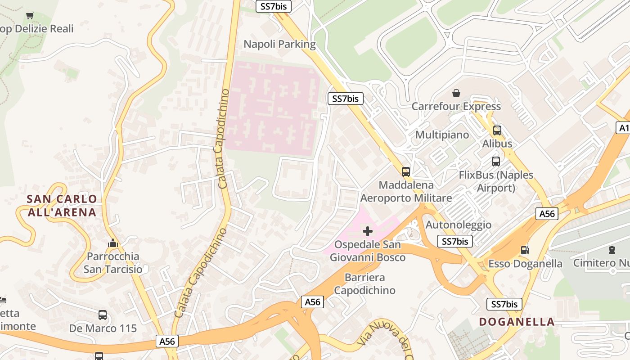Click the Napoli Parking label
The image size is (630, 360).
pos(279,44)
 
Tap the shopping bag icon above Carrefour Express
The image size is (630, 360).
pos(456,93)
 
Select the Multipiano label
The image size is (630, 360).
pos(442,135)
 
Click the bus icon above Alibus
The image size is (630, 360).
pos(497,130)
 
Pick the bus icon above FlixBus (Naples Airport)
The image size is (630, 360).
pos(496,162)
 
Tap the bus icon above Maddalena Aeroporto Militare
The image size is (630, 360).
pos(406,171)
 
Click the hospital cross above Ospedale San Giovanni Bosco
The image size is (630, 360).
pos(368,231)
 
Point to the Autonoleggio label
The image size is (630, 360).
pos(459,225)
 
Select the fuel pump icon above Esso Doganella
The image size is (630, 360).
pos(525,250)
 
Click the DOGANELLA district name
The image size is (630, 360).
pos(517,322)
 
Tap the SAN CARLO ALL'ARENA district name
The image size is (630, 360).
pos(62,206)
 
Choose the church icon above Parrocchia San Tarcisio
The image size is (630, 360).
pos(112,243)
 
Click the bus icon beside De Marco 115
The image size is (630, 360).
pos(103,315)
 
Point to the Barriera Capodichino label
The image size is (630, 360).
pos(364,284)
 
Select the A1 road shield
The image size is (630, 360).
pos(623,128)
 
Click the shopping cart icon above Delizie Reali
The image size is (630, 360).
pos(30,16)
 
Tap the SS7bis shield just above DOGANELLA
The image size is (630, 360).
pos(504,304)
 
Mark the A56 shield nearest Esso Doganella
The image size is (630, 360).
pos(547,214)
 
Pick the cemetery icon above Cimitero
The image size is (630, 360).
pos(612,249)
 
